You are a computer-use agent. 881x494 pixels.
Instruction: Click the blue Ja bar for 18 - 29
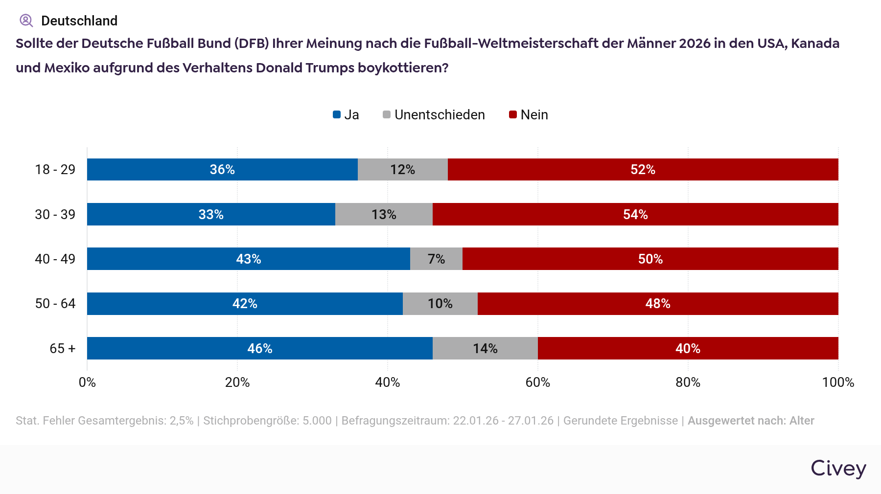point(222,169)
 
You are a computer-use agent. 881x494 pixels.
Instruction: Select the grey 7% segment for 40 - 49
point(436,259)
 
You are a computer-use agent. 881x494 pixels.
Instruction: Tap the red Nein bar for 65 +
point(688,348)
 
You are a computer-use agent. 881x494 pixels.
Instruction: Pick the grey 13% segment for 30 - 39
point(384,214)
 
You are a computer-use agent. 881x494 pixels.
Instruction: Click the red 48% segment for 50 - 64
point(657,304)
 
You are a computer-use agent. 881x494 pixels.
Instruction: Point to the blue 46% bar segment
point(259,348)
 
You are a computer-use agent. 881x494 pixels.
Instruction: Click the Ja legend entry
point(346,114)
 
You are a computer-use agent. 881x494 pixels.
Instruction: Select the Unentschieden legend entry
point(434,114)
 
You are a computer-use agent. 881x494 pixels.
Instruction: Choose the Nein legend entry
point(529,114)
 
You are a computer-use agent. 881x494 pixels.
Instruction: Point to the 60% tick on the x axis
point(537,382)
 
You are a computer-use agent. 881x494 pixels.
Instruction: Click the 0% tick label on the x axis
point(87,382)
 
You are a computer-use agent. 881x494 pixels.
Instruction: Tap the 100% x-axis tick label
point(838,382)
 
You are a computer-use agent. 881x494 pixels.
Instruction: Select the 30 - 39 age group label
point(55,214)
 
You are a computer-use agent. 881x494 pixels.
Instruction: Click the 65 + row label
point(62,348)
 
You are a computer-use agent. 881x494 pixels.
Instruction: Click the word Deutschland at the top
point(79,21)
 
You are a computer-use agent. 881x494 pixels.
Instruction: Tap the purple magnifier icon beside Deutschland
point(26,21)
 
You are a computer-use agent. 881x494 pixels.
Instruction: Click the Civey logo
point(838,468)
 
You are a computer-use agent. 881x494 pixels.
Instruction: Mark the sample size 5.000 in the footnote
point(317,421)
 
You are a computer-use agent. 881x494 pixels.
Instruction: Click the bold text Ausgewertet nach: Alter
point(751,421)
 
